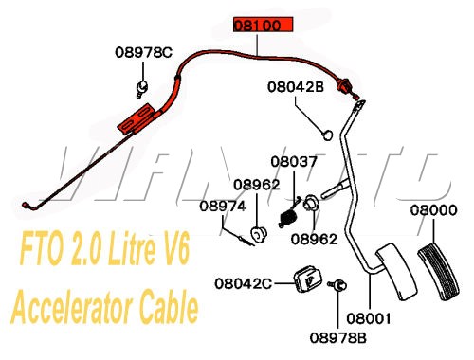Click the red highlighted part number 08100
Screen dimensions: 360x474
point(258,27)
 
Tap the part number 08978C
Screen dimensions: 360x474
point(144,52)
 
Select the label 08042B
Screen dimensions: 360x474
point(296,85)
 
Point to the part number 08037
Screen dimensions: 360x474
point(294,162)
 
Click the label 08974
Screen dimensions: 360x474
point(223,205)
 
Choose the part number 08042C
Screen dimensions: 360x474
point(243,282)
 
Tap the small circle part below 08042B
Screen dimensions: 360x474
point(324,134)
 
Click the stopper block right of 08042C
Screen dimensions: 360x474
point(305,279)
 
